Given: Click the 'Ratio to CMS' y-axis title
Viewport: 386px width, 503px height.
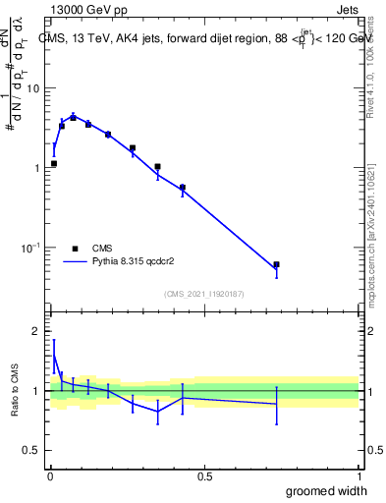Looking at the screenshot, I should (x=15, y=391).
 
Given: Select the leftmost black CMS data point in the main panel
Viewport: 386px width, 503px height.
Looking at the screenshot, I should (x=53, y=164).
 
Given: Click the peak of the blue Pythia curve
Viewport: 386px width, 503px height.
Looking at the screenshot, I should (x=73, y=116).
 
